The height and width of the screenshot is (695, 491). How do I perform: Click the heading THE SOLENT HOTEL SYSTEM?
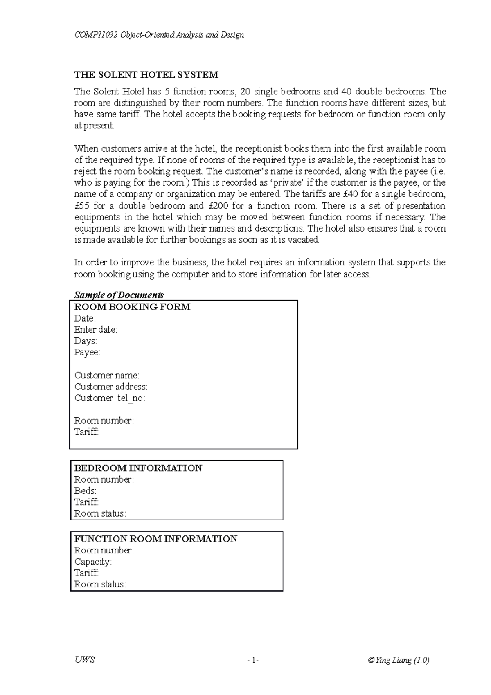(x=146, y=75)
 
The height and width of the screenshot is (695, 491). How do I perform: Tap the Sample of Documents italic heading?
(x=119, y=295)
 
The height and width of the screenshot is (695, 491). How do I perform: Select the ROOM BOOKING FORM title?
(x=132, y=307)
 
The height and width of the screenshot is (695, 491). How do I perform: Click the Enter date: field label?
(x=96, y=330)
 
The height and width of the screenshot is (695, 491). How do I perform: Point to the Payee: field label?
(x=87, y=353)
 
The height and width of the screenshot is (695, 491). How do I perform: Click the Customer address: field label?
(x=111, y=387)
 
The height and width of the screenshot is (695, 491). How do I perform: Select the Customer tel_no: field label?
(x=110, y=398)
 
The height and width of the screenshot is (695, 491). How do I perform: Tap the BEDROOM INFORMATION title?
(x=138, y=468)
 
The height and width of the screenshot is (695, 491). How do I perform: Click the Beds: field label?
(x=85, y=491)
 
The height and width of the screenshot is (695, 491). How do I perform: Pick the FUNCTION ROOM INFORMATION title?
(x=155, y=539)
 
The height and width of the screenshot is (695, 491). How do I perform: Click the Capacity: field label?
(x=93, y=562)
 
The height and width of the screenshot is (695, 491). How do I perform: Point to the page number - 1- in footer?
(x=253, y=660)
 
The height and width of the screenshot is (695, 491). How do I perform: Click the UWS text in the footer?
(x=85, y=660)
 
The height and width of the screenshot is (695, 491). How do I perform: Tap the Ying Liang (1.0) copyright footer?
(x=398, y=660)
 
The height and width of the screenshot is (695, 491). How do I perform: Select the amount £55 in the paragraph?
(x=81, y=206)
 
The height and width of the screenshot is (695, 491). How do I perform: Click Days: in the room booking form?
(x=86, y=341)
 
